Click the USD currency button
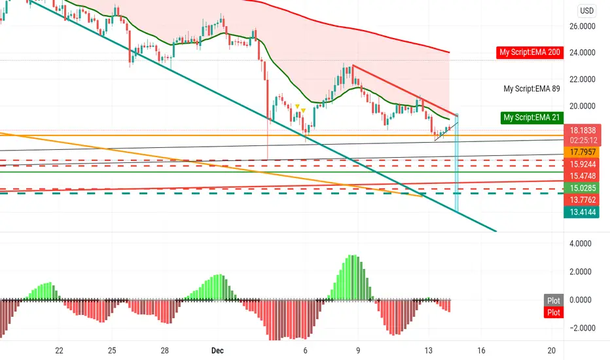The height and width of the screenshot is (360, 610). pyautogui.click(x=586, y=10)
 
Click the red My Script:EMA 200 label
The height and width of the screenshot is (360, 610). pyautogui.click(x=529, y=52)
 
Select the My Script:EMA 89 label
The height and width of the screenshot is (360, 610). pyautogui.click(x=531, y=89)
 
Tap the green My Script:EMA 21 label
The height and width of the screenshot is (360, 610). pyautogui.click(x=531, y=118)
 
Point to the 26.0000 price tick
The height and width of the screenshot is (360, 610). pyautogui.click(x=582, y=26)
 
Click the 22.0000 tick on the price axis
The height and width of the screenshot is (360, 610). pyautogui.click(x=582, y=79)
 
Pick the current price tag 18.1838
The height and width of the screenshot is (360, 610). pyautogui.click(x=583, y=130)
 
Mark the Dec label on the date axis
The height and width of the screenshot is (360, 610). pyautogui.click(x=217, y=351)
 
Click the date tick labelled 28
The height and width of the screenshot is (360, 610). pyautogui.click(x=164, y=351)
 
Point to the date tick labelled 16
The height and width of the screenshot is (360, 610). pyautogui.click(x=481, y=351)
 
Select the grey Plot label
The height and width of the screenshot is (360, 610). pyautogui.click(x=553, y=300)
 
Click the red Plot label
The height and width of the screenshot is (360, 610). pyautogui.click(x=553, y=312)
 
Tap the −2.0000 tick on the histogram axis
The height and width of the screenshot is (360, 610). pyautogui.click(x=583, y=328)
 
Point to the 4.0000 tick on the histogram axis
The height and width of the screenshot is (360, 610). pyautogui.click(x=581, y=243)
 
